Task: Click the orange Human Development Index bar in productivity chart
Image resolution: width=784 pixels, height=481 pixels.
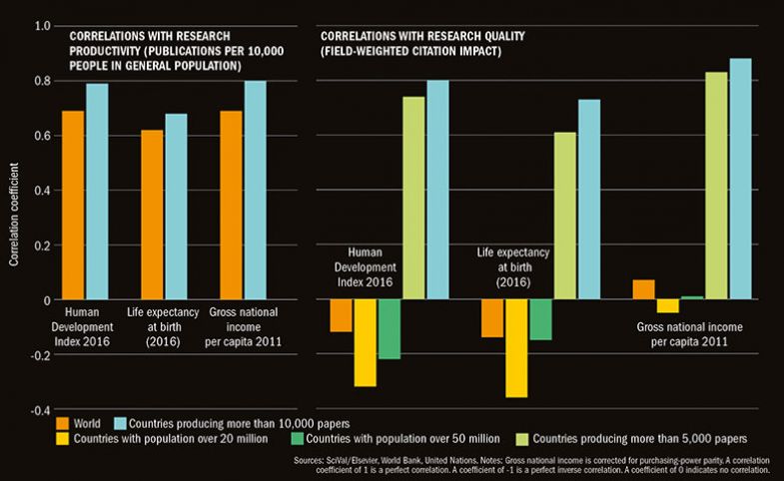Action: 73,205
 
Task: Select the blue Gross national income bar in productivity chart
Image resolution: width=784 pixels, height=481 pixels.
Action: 255,190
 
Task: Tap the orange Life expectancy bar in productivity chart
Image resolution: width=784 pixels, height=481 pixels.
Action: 152,215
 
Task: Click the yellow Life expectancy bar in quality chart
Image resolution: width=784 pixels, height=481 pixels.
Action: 516,348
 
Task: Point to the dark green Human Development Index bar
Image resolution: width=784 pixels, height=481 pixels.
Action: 389,328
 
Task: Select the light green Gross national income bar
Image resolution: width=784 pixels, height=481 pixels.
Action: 717,185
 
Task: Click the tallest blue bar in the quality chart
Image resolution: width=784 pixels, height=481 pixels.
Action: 740,179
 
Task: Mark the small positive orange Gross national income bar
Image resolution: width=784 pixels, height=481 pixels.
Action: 644,289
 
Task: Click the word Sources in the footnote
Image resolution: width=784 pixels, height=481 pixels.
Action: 311,461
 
